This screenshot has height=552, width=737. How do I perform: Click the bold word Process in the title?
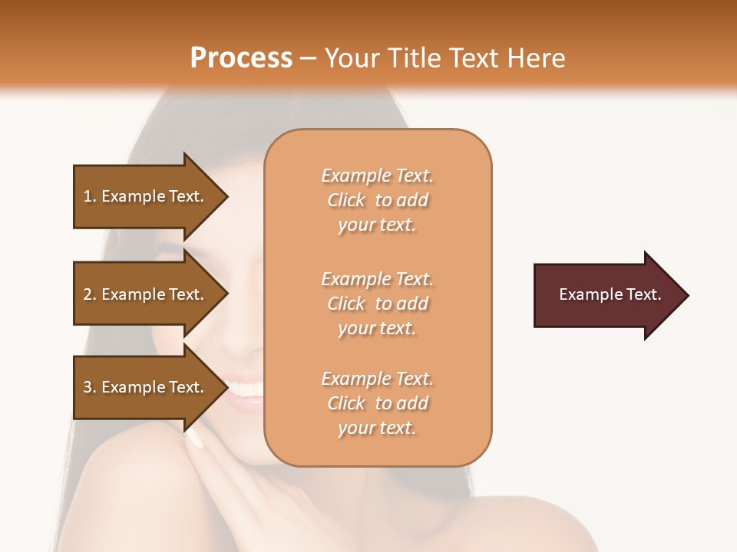[x=241, y=58]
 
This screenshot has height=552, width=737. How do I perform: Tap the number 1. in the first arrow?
[x=90, y=196]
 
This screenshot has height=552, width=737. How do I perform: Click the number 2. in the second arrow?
[x=90, y=294]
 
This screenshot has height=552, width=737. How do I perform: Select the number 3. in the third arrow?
[x=90, y=387]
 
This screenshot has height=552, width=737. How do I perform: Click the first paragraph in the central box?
[x=377, y=200]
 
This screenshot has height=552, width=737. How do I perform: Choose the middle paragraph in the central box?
[x=377, y=304]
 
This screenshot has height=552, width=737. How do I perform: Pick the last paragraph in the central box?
[x=377, y=403]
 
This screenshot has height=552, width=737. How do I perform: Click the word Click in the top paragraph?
[x=346, y=200]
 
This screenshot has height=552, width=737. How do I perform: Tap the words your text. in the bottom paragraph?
[x=377, y=428]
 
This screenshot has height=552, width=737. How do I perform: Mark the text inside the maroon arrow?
[x=610, y=294]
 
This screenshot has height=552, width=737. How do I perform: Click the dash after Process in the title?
[x=308, y=58]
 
